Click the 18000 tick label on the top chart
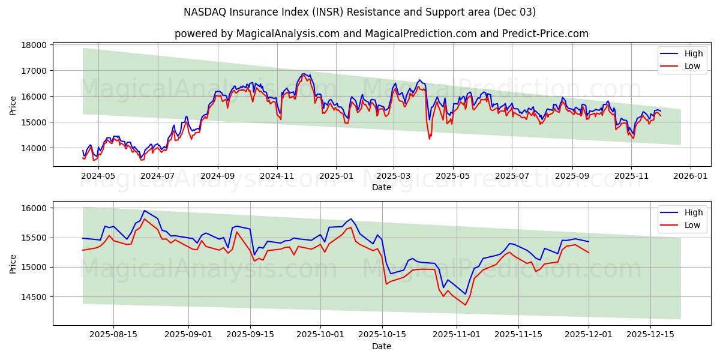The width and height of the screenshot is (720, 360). pos(34,45)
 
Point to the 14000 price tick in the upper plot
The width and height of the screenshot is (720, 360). pos(34,148)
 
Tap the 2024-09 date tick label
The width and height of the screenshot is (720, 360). pos(217,176)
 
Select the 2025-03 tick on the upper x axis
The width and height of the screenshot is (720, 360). pos(394,176)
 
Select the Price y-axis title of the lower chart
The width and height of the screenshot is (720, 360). pos(13,264)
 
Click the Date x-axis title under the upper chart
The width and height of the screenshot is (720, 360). pos(382,187)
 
